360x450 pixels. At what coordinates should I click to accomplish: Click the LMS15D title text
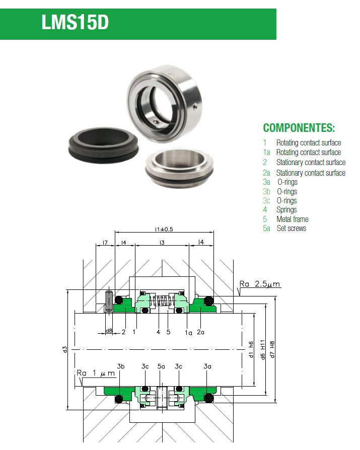tap(75, 23)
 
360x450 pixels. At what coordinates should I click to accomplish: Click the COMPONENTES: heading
tap(299, 127)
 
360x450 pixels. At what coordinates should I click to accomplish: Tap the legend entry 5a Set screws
tap(284, 229)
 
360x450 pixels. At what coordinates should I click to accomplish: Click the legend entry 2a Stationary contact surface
tap(304, 173)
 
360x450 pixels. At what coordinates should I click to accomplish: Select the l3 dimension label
tap(162, 243)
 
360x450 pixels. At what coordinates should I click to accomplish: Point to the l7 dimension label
tap(105, 243)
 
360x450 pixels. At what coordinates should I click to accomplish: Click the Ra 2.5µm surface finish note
tap(260, 285)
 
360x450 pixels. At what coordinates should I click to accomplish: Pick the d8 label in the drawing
tap(109, 331)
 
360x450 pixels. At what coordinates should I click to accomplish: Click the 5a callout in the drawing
tap(161, 366)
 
